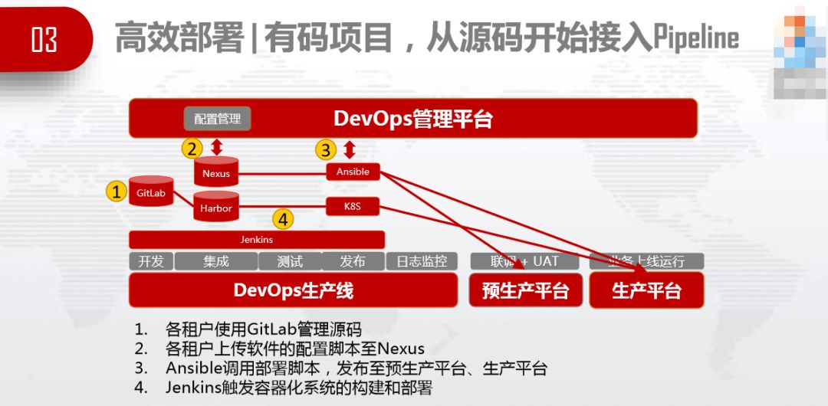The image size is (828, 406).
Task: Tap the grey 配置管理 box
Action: (x=217, y=119)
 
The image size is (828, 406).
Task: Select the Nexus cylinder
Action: (x=216, y=172)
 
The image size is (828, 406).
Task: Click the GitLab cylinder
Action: (x=151, y=192)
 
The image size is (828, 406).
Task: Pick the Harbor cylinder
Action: (x=216, y=207)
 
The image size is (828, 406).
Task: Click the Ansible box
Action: (x=353, y=172)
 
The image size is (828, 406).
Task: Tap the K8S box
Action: (x=353, y=205)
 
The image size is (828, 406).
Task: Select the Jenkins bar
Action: (x=257, y=240)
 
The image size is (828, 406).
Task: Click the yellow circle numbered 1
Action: (x=116, y=192)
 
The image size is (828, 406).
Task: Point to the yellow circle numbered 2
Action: (x=192, y=148)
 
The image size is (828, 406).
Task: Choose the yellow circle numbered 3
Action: (x=327, y=149)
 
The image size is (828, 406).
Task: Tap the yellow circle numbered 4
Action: (x=284, y=220)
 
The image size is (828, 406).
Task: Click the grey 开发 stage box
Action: (x=151, y=261)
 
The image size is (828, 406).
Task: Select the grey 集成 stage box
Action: (x=215, y=261)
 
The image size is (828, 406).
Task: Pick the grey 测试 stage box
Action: (x=289, y=261)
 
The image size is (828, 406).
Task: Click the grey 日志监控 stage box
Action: (x=422, y=261)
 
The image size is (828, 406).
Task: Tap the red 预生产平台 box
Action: (x=525, y=290)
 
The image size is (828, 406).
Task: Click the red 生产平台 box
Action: (x=646, y=290)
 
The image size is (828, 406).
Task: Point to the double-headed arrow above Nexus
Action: (x=217, y=146)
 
